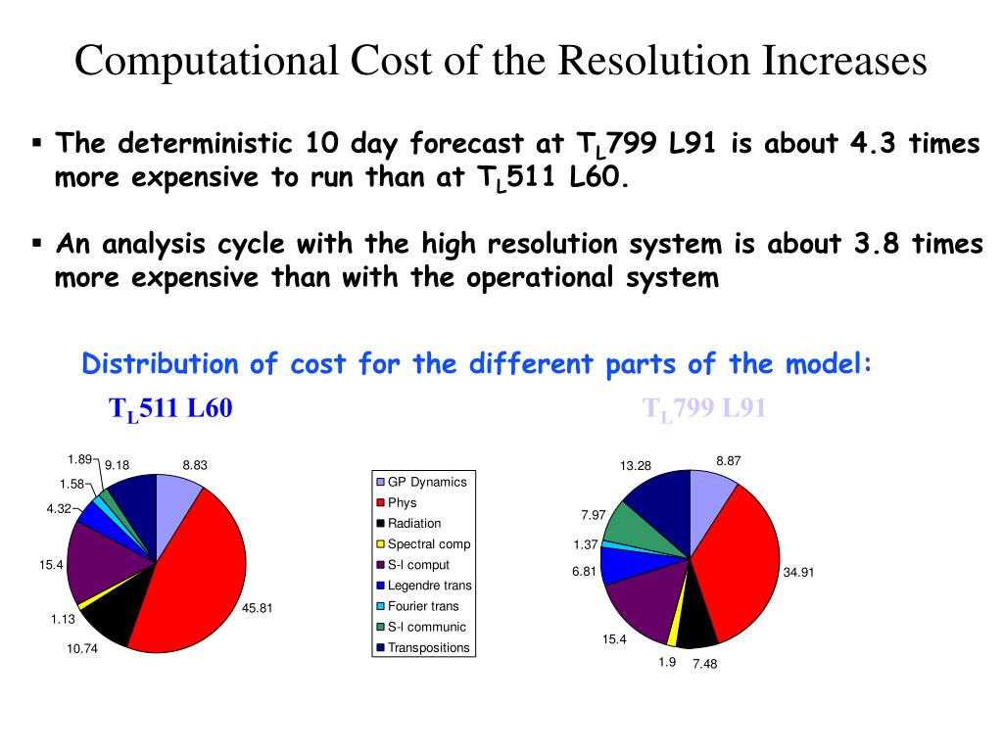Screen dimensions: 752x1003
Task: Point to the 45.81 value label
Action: (258, 608)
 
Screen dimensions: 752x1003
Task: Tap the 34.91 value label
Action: (798, 573)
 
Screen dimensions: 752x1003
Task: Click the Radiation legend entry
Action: (414, 523)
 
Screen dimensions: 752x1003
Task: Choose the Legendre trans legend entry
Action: (429, 586)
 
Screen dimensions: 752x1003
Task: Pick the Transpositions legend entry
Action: (428, 647)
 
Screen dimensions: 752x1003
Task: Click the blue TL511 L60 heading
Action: (170, 408)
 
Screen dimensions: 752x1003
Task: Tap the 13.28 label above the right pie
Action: (636, 465)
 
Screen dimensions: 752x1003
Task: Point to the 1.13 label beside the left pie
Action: (64, 619)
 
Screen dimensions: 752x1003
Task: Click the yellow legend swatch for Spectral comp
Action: (380, 544)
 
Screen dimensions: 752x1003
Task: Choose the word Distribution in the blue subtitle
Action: (160, 364)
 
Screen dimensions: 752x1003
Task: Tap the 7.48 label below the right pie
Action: (705, 663)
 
